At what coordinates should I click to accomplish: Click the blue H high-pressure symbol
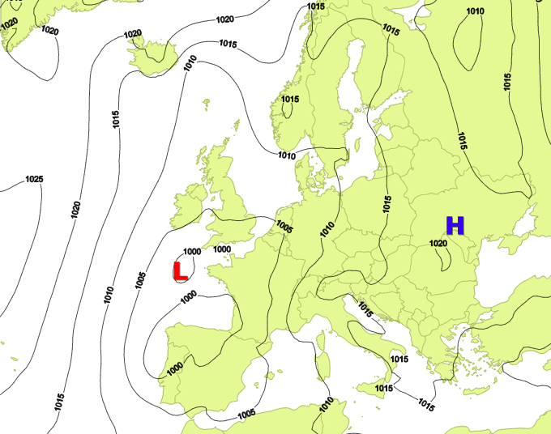coord(455,226)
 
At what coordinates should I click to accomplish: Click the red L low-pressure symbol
coord(181,270)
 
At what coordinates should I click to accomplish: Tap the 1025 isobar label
coord(34,179)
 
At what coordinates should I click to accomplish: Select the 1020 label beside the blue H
coord(438,242)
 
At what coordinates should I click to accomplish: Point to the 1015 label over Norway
coord(290,100)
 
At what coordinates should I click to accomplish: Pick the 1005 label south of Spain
coord(247,414)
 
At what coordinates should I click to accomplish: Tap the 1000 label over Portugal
coord(173,368)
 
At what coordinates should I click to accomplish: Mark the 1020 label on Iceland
coord(132,34)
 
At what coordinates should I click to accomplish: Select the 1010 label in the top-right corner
coord(476,11)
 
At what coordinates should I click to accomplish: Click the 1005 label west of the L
coord(140,280)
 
